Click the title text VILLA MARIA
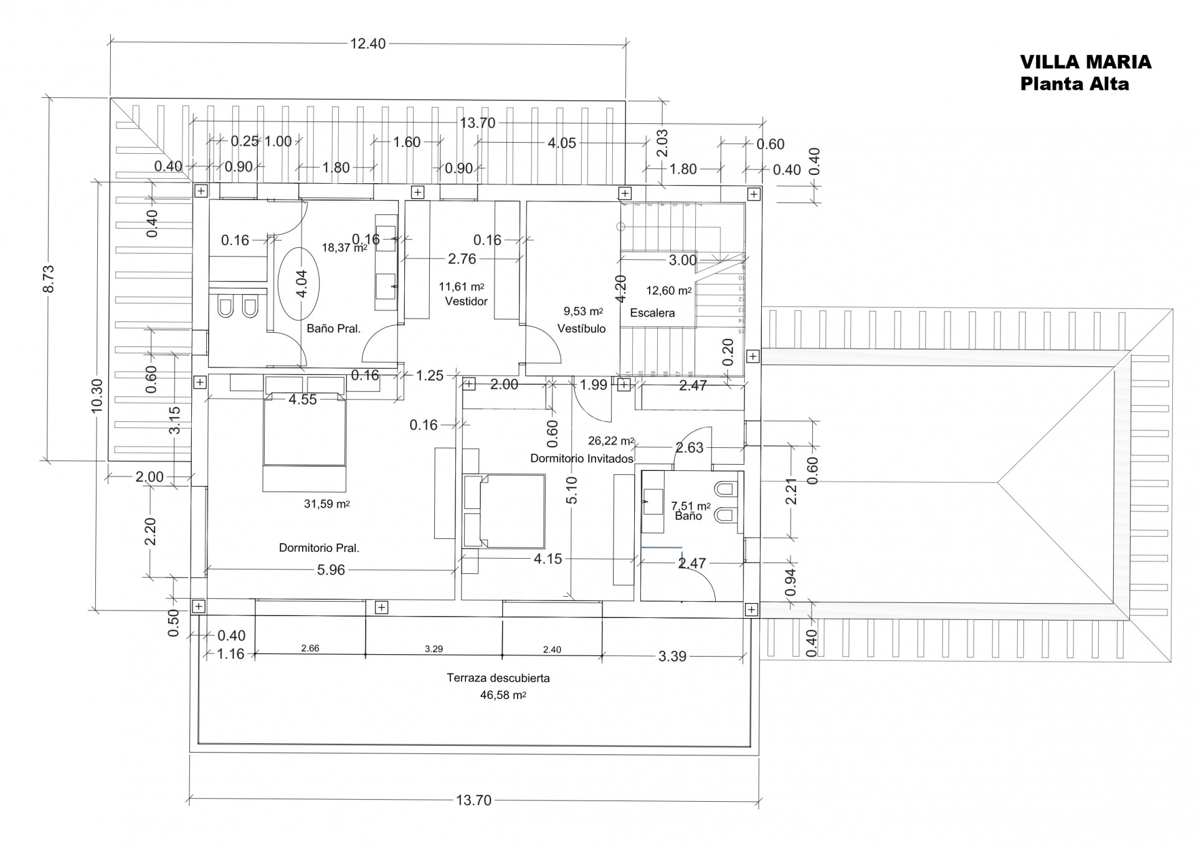pyautogui.click(x=1085, y=62)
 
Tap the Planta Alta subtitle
pyautogui.click(x=1074, y=83)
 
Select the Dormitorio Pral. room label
pyautogui.click(x=319, y=548)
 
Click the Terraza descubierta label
pyautogui.click(x=498, y=678)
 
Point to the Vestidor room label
pyautogui.click(x=466, y=301)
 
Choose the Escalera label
pyautogui.click(x=652, y=313)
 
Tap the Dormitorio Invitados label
pyautogui.click(x=582, y=459)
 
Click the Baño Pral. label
pyautogui.click(x=333, y=328)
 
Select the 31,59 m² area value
pyautogui.click(x=326, y=504)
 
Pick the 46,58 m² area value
pyautogui.click(x=503, y=695)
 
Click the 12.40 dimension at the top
pyautogui.click(x=368, y=44)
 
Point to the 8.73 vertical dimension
pyautogui.click(x=49, y=278)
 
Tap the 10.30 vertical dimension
pyautogui.click(x=97, y=396)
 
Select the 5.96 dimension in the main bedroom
pyautogui.click(x=331, y=570)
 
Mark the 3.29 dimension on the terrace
pyautogui.click(x=434, y=649)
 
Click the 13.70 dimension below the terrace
pyautogui.click(x=473, y=800)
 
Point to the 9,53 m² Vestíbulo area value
pyautogui.click(x=583, y=311)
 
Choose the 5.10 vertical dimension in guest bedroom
pyautogui.click(x=572, y=490)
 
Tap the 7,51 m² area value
pyautogui.click(x=690, y=506)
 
